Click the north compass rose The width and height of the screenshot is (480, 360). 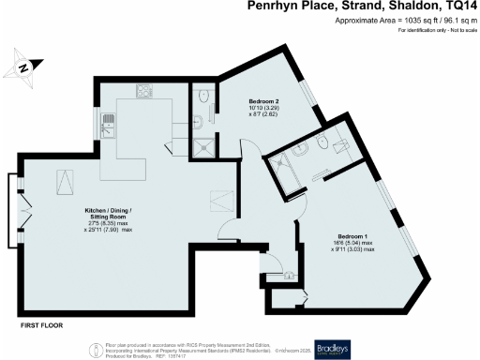(24, 66)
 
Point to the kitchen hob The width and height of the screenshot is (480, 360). (143, 91)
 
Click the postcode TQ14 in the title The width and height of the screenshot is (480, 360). (460, 7)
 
